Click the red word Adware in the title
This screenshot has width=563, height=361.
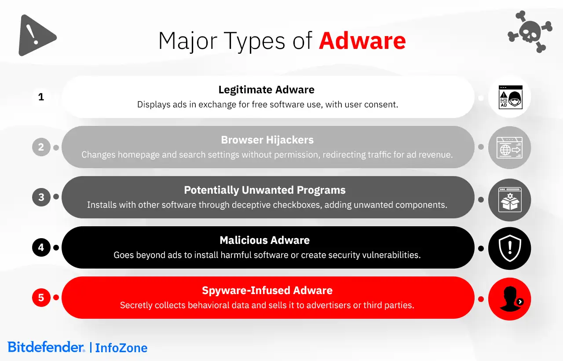[362, 41]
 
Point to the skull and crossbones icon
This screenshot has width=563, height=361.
[530, 32]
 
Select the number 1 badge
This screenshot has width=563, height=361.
[41, 97]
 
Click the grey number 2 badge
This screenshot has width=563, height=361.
[41, 147]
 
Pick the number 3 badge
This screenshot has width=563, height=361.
[41, 197]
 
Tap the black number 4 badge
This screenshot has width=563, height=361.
[41, 247]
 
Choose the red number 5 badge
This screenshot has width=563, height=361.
[41, 298]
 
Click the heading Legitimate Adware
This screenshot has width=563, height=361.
[267, 90]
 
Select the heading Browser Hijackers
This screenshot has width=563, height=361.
[267, 140]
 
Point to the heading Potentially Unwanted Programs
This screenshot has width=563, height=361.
[265, 190]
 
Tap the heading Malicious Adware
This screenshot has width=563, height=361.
[265, 240]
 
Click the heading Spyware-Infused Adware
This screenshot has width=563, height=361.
[267, 291]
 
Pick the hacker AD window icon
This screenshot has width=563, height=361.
[510, 97]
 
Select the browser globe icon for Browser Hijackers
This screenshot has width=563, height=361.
[510, 147]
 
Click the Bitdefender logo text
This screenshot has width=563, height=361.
[46, 347]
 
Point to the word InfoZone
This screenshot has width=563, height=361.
[121, 348]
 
